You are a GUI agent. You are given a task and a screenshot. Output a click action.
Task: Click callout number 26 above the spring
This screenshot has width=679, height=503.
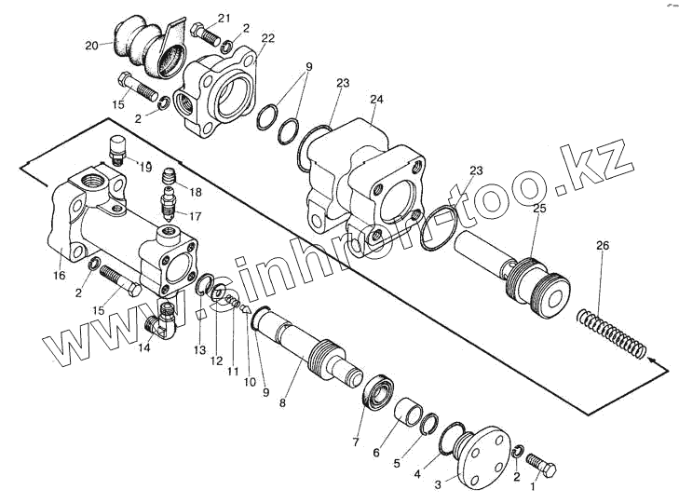point(603,246)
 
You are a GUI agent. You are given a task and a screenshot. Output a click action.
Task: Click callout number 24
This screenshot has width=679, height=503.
point(376,100)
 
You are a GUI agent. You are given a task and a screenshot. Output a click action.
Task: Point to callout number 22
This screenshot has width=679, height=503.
point(268,38)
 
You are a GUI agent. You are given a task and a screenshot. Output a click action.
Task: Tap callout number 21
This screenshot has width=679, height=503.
point(224,19)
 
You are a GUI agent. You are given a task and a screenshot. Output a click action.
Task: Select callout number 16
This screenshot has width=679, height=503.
point(59,276)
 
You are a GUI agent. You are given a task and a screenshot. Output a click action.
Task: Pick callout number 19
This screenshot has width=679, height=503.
point(146,168)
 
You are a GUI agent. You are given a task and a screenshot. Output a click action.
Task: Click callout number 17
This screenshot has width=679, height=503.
point(196,216)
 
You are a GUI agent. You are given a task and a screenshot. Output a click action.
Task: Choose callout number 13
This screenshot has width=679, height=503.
point(199,349)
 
